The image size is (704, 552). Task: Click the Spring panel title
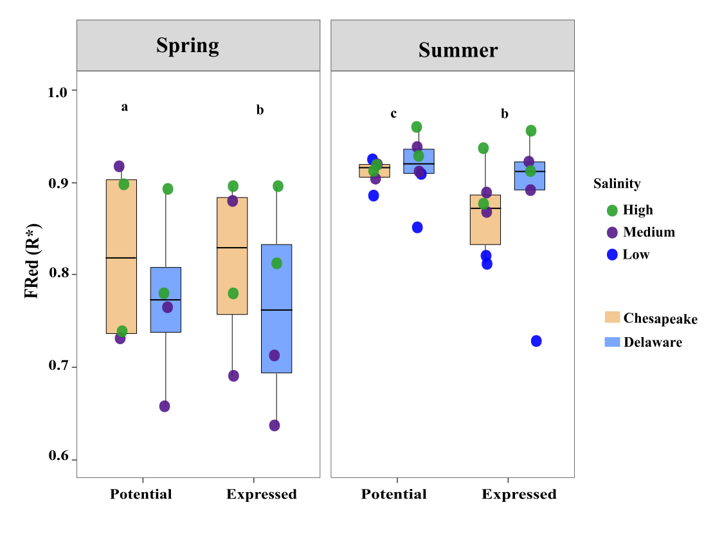click(187, 46)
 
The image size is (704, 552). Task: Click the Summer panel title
click(458, 50)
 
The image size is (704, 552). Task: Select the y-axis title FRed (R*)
click(33, 261)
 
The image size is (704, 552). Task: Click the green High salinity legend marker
click(612, 210)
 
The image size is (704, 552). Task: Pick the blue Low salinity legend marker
click(612, 254)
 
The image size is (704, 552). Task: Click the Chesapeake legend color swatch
click(612, 318)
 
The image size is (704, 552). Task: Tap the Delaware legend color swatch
click(612, 342)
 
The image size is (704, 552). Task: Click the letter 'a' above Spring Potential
click(125, 107)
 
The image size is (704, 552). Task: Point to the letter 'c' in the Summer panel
click(393, 114)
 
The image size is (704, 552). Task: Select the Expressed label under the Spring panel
click(261, 494)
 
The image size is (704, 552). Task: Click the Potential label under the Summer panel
click(393, 494)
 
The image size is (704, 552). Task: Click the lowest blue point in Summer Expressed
click(536, 341)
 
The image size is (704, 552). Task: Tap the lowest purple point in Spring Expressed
click(275, 425)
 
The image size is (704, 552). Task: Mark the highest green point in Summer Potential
click(417, 127)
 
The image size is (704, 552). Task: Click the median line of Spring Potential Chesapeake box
click(121, 257)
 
